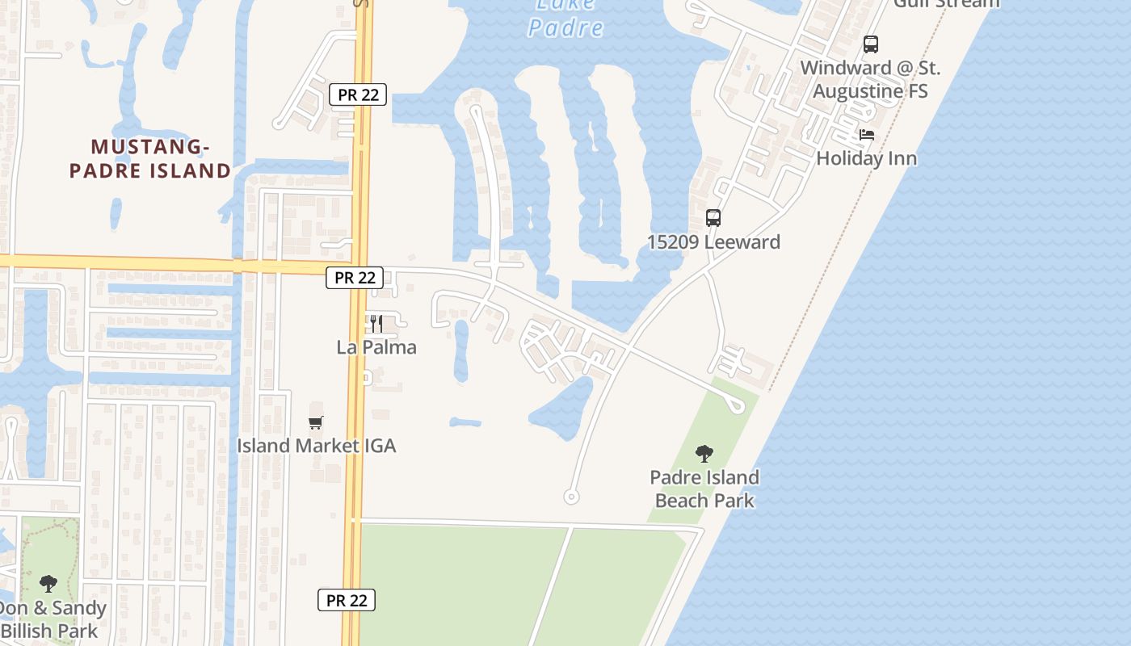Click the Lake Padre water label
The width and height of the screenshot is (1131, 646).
pyautogui.click(x=565, y=18)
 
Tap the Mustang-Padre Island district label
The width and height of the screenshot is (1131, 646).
pyautogui.click(x=150, y=158)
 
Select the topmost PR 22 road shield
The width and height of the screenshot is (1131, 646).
pyautogui.click(x=358, y=94)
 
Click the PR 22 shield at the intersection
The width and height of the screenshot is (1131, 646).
pyautogui.click(x=355, y=278)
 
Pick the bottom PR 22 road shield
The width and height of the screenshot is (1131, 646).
pyautogui.click(x=347, y=600)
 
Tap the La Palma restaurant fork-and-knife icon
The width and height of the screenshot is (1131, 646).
pyautogui.click(x=376, y=324)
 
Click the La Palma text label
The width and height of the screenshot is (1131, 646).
pyautogui.click(x=376, y=347)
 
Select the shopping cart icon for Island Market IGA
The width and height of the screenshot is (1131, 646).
pyautogui.click(x=316, y=422)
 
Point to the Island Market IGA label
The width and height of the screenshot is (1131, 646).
pyautogui.click(x=316, y=446)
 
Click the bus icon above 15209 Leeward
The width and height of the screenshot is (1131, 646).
pyautogui.click(x=713, y=218)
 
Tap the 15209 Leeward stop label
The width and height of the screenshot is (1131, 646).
pyautogui.click(x=713, y=242)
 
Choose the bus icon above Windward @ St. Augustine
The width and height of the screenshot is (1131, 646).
pyautogui.click(x=870, y=44)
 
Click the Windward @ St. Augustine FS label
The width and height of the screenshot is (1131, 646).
pyautogui.click(x=870, y=79)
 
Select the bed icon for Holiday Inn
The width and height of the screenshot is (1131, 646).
pyautogui.click(x=867, y=135)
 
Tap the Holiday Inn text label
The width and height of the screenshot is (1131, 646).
pyautogui.click(x=867, y=158)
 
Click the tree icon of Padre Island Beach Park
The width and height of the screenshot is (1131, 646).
pyautogui.click(x=704, y=454)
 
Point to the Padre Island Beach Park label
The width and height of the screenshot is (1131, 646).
pyautogui.click(x=704, y=489)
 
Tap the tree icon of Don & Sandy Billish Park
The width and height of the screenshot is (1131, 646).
pyautogui.click(x=48, y=583)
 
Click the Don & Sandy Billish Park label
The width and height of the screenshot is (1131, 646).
pyautogui.click(x=50, y=619)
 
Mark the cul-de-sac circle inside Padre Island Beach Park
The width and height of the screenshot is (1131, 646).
pyautogui.click(x=736, y=406)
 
